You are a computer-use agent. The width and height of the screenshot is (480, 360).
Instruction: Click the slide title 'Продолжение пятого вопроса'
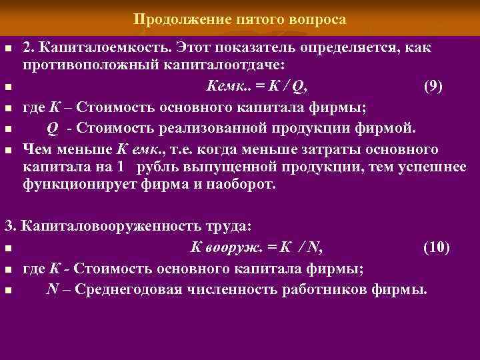(240, 19)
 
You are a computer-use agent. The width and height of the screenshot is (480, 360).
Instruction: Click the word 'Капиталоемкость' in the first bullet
(105, 49)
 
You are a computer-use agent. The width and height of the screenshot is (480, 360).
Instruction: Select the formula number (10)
(436, 248)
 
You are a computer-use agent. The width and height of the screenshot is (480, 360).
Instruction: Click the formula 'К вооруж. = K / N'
(257, 248)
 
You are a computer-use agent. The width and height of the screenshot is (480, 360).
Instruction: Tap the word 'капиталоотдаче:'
(233, 66)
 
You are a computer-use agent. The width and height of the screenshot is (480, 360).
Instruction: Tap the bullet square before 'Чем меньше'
(8, 149)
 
